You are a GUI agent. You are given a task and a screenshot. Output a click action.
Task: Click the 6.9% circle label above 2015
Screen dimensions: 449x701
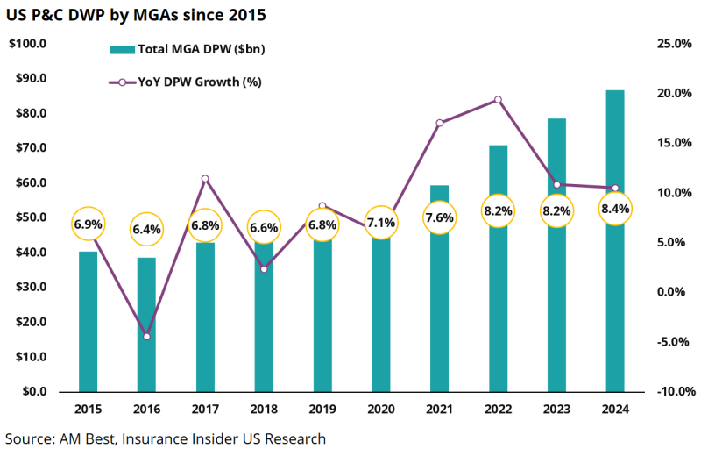[x=88, y=224]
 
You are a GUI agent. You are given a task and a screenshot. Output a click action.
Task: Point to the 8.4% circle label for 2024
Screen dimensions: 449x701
[x=615, y=209]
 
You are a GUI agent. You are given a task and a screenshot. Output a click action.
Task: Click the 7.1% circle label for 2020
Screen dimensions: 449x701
[x=380, y=223]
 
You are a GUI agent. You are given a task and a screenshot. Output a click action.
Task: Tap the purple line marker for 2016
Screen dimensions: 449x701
[x=146, y=337]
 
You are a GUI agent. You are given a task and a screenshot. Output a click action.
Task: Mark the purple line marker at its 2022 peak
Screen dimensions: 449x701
[x=498, y=100]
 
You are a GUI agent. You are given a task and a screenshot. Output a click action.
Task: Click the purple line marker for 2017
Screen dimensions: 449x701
[x=205, y=179]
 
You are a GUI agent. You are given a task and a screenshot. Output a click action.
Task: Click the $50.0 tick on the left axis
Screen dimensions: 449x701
[x=30, y=217]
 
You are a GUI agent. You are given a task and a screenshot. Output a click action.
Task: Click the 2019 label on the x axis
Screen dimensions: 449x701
[x=322, y=410]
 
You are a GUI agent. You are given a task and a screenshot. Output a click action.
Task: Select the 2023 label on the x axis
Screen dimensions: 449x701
[x=556, y=410]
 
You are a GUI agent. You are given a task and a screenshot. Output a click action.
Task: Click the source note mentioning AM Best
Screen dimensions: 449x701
[x=166, y=438]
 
